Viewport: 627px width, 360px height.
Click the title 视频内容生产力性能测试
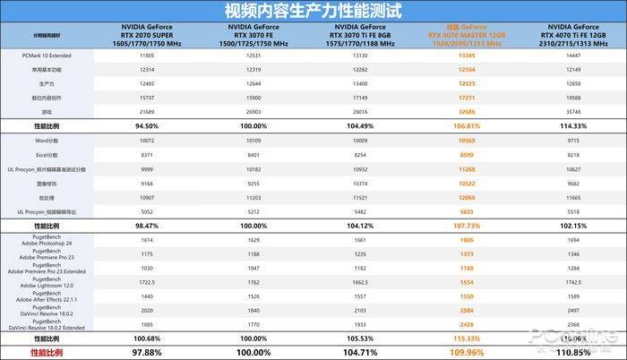[313, 12]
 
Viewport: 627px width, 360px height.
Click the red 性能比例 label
[41, 353]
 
